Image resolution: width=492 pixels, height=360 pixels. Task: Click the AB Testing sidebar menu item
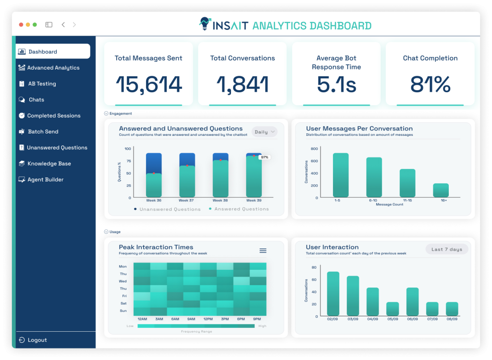click(x=42, y=84)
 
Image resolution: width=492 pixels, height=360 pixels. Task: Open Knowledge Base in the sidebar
click(x=49, y=164)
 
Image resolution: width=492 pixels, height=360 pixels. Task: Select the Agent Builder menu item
click(x=45, y=180)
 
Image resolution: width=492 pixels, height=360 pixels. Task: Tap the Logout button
click(x=37, y=340)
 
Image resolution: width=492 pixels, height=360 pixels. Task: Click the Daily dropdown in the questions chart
click(x=264, y=132)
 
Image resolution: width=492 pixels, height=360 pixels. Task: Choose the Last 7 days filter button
click(x=446, y=249)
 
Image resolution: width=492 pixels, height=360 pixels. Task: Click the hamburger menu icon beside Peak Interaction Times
click(x=263, y=251)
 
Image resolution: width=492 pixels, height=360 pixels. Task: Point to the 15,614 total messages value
click(x=148, y=84)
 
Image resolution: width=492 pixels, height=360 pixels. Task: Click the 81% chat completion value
click(x=430, y=84)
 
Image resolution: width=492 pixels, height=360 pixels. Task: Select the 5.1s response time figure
click(x=336, y=84)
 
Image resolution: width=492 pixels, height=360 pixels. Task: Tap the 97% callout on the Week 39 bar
click(x=264, y=157)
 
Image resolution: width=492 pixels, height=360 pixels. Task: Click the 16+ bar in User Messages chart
click(x=441, y=190)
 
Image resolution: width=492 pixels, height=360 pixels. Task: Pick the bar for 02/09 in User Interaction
click(x=333, y=293)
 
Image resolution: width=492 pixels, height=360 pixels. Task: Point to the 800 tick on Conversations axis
click(x=313, y=149)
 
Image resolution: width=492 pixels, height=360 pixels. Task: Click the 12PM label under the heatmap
click(x=208, y=319)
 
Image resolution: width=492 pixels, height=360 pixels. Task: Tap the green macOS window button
click(x=35, y=24)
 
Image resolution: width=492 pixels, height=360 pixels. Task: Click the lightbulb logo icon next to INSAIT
click(x=205, y=24)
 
